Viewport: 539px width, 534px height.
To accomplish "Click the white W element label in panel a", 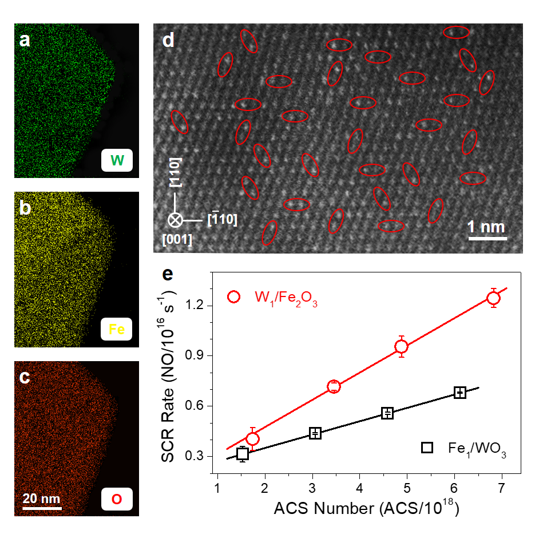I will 116,161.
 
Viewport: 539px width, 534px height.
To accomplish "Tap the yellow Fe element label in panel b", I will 116,329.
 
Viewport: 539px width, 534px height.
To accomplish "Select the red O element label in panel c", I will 116,499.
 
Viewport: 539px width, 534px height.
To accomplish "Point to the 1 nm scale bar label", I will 487,227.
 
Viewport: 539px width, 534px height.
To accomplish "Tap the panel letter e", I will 168,274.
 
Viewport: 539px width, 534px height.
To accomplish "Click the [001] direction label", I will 177,239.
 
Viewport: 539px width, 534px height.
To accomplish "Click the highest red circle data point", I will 493,298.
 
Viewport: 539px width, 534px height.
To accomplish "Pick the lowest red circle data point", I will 252,438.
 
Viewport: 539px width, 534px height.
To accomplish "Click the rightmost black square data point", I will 459,393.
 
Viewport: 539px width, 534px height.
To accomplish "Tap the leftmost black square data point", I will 243,454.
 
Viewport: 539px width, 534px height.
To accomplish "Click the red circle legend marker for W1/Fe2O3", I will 233,296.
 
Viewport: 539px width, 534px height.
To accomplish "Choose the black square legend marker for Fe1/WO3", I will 427,448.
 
